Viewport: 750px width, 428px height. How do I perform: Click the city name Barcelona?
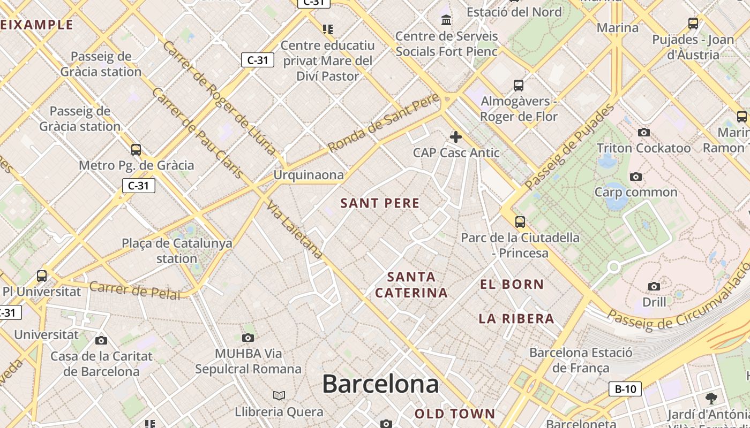(380, 384)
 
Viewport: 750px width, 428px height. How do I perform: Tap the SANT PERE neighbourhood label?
(380, 203)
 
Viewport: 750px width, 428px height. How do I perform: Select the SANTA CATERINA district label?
(411, 285)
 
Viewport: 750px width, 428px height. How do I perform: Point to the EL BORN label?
(512, 284)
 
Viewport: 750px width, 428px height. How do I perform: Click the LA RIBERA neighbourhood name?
(516, 319)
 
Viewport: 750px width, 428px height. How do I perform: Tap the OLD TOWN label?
(455, 414)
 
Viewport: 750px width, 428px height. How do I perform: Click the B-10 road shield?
(625, 389)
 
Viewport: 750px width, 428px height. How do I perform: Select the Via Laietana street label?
(295, 230)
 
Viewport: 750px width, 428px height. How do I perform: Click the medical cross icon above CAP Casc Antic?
(456, 137)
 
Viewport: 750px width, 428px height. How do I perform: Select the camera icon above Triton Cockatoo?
(643, 132)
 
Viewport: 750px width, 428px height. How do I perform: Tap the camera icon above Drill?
(654, 286)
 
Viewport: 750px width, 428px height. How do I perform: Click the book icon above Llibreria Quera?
(279, 395)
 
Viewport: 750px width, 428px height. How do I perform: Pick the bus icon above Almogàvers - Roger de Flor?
(518, 86)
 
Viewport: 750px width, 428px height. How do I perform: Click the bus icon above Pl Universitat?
(42, 276)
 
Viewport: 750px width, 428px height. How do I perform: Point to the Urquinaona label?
(309, 175)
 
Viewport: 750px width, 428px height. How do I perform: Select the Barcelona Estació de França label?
(581, 360)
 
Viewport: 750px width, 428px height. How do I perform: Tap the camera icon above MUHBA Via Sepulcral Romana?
(247, 338)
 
